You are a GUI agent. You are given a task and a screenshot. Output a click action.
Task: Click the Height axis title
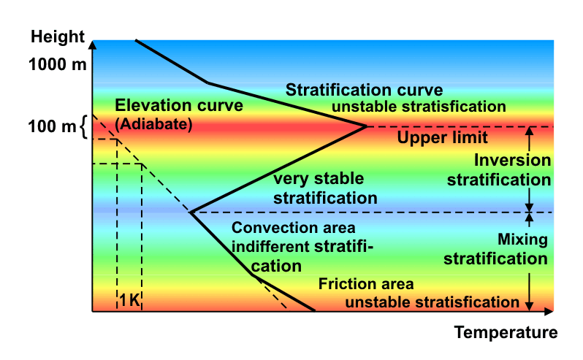pyautogui.click(x=58, y=37)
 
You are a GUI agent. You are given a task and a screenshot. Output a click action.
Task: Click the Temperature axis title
pyautogui.click(x=506, y=332)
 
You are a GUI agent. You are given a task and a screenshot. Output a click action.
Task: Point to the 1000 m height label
pyautogui.click(x=58, y=65)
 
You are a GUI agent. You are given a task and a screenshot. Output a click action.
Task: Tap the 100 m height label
pyautogui.click(x=52, y=126)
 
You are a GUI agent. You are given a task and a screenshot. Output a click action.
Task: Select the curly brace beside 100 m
pyautogui.click(x=84, y=126)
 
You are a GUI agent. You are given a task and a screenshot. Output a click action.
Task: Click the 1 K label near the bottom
pyautogui.click(x=130, y=300)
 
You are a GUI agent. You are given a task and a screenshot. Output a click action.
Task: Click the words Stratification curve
pyautogui.click(x=364, y=90)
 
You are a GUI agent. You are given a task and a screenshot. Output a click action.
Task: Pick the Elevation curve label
pyautogui.click(x=179, y=105)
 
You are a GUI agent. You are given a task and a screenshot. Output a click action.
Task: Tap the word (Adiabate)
pyautogui.click(x=153, y=124)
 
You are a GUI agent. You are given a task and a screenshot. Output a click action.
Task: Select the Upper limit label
pyautogui.click(x=442, y=137)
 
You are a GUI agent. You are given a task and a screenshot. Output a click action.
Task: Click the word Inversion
pyautogui.click(x=512, y=160)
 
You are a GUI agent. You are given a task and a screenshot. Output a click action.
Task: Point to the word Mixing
pyautogui.click(x=522, y=240)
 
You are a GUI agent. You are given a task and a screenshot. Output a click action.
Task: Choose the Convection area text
pyautogui.click(x=294, y=228)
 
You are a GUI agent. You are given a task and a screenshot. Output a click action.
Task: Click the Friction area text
pyautogui.click(x=366, y=284)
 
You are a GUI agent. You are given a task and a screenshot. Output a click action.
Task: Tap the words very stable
pyautogui.click(x=319, y=179)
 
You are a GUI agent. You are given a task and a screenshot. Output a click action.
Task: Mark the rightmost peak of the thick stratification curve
pyautogui.click(x=366, y=126)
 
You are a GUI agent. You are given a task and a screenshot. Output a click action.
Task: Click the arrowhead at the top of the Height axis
pyautogui.click(x=93, y=45)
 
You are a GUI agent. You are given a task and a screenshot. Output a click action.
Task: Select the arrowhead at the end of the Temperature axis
pyautogui.click(x=549, y=311)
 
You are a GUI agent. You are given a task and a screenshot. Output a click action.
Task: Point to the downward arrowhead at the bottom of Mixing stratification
pyautogui.click(x=529, y=306)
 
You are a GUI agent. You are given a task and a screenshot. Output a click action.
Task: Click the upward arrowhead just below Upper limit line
pyautogui.click(x=530, y=131)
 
